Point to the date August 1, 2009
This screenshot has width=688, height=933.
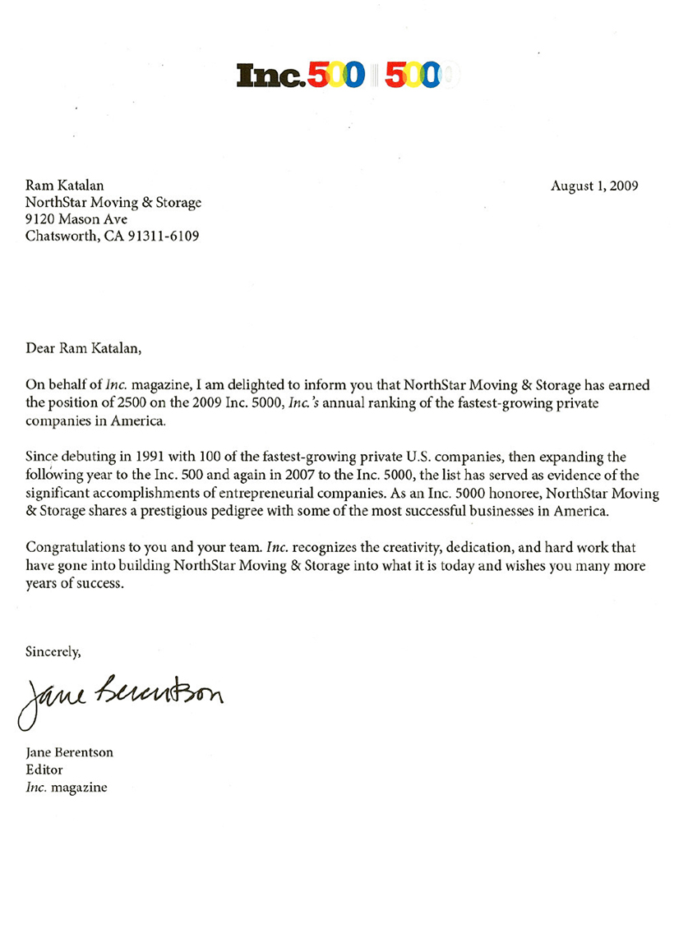pyautogui.click(x=594, y=186)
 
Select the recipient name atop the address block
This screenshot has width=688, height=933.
pyautogui.click(x=65, y=186)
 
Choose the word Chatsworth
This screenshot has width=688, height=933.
pyautogui.click(x=59, y=237)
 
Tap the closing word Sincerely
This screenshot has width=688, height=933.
pyautogui.click(x=53, y=652)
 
